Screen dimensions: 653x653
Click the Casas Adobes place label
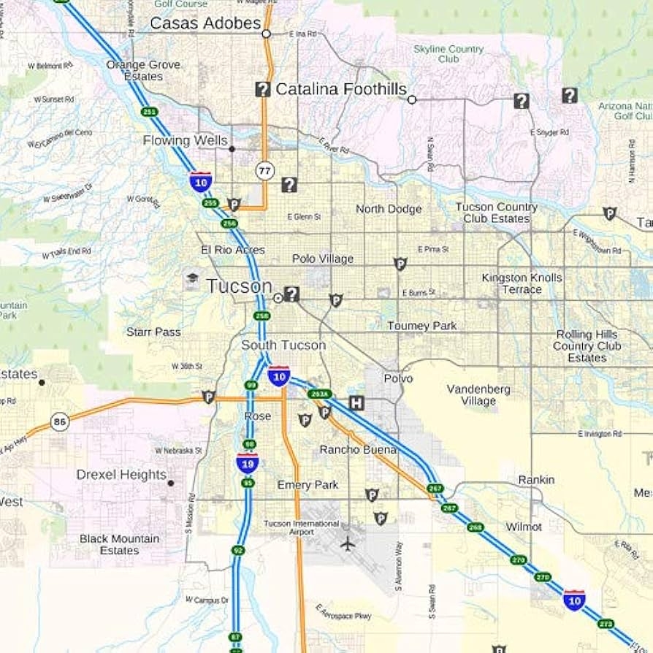click(x=205, y=23)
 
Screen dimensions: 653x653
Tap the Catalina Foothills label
click(x=340, y=89)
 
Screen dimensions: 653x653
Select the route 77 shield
click(x=264, y=171)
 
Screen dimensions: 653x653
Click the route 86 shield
click(x=60, y=421)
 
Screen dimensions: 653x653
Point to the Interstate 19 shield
click(x=247, y=462)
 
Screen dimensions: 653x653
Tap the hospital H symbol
click(x=356, y=402)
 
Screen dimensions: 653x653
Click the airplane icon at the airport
click(x=348, y=543)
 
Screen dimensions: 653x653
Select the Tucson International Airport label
click(x=302, y=527)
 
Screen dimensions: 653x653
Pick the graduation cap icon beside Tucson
click(x=192, y=279)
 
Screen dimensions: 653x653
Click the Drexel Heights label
click(x=121, y=475)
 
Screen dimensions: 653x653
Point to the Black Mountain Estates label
click(x=119, y=544)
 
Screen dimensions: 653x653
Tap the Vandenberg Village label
click(x=478, y=395)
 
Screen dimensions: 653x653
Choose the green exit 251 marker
click(x=150, y=112)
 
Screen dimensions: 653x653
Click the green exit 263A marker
click(x=319, y=394)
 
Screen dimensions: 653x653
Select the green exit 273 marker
click(x=606, y=624)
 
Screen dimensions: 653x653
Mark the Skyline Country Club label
click(x=448, y=54)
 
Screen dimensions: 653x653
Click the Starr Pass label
click(x=153, y=332)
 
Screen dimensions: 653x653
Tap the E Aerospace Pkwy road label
click(x=343, y=612)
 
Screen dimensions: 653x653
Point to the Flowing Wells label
click(x=185, y=140)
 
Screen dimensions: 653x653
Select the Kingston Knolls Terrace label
click(x=522, y=283)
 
